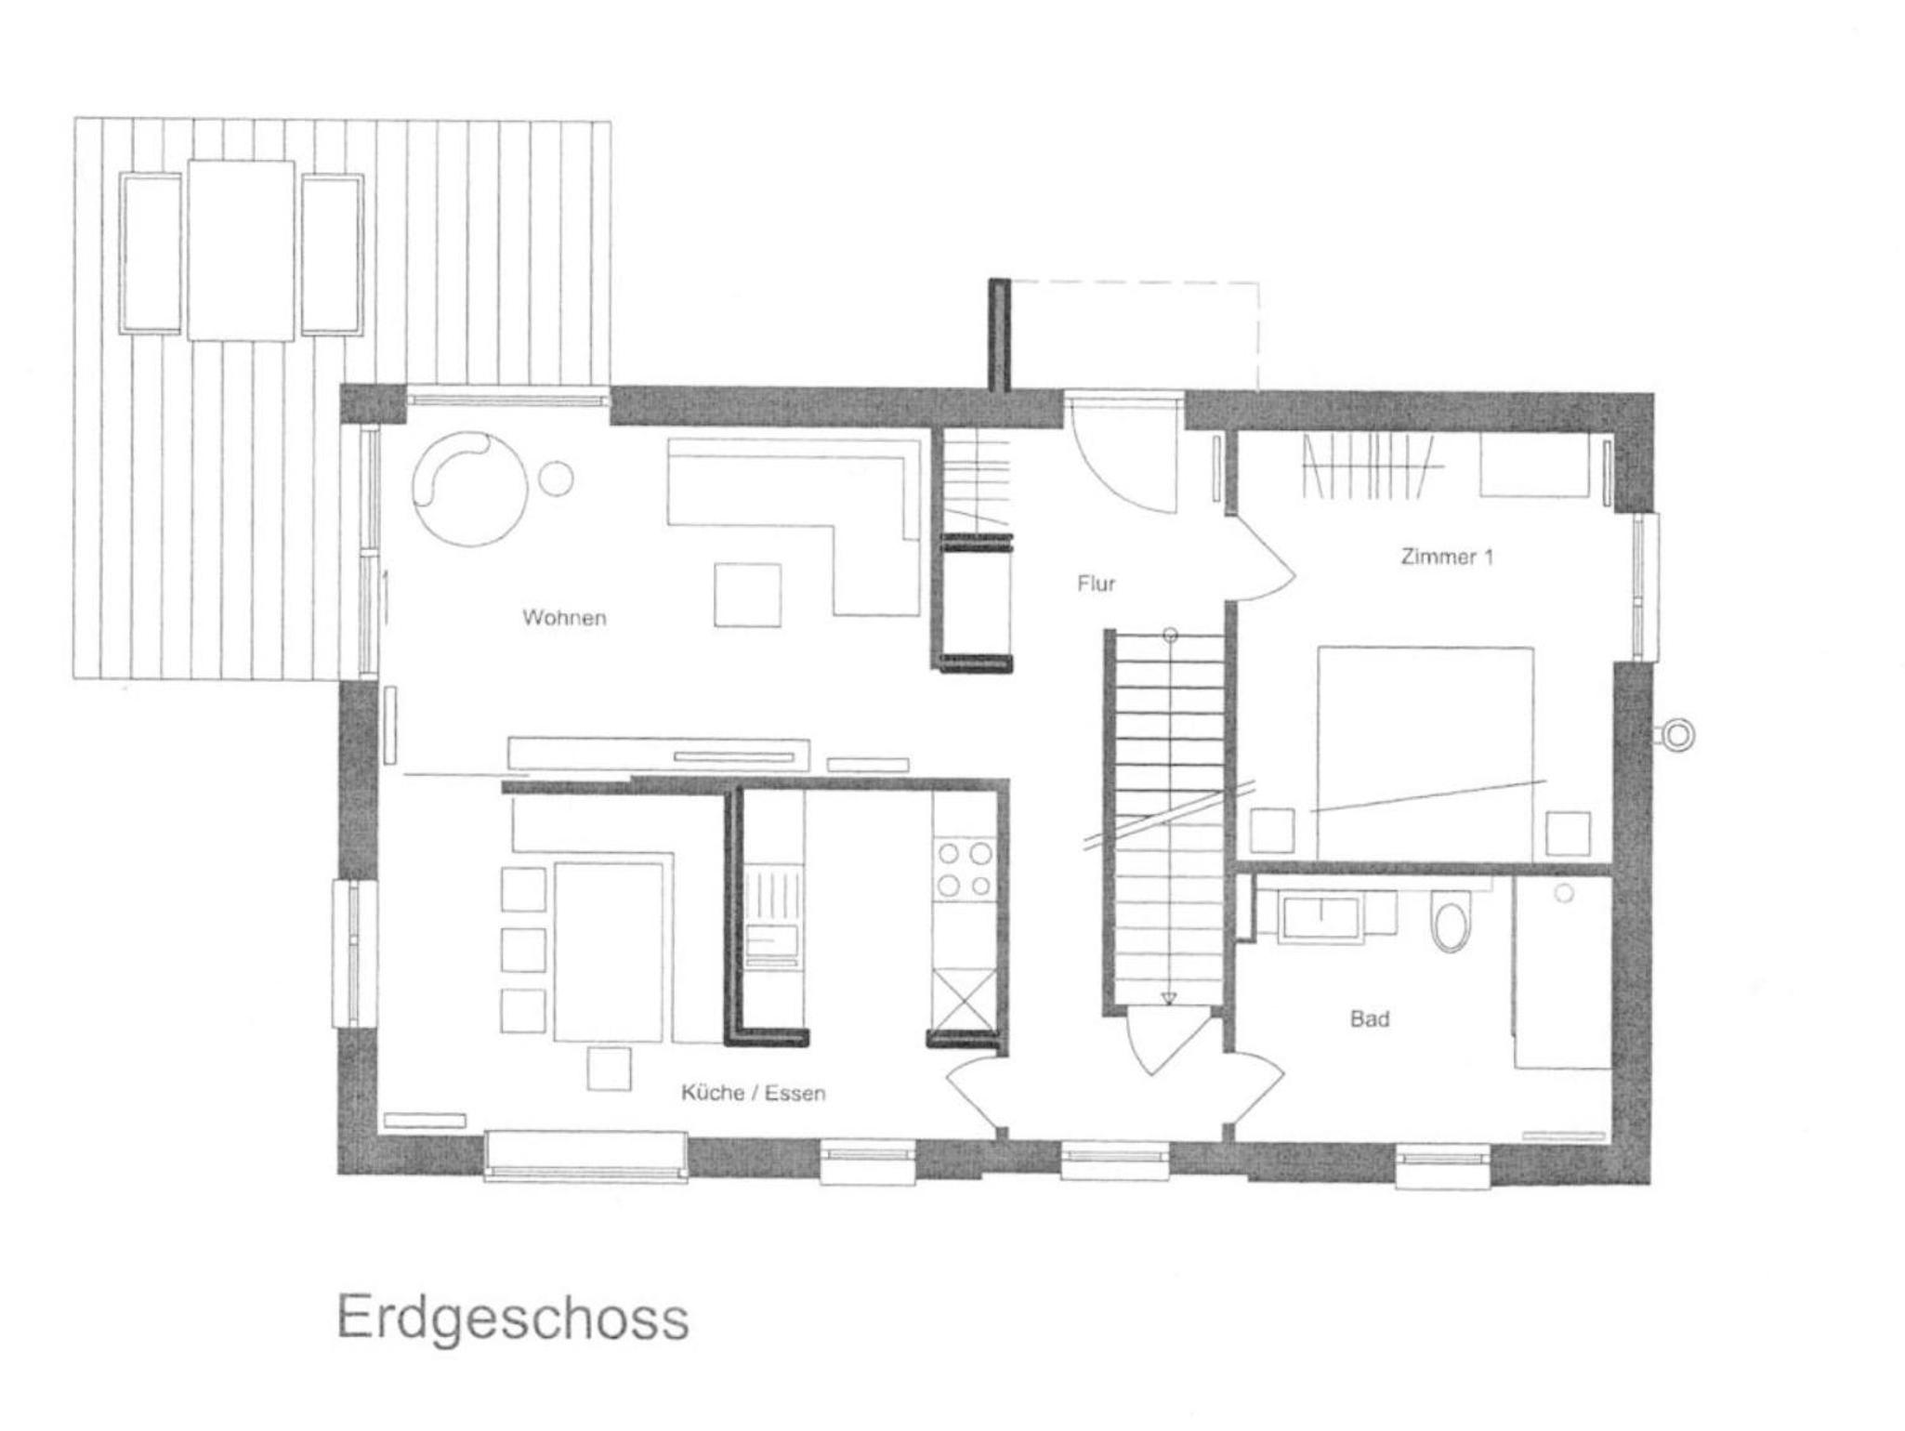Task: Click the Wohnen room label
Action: [x=564, y=617]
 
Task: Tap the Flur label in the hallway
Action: [x=1096, y=584]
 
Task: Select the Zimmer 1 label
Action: [x=1447, y=557]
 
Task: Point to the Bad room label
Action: [x=1370, y=1018]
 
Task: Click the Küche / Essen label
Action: [x=753, y=1093]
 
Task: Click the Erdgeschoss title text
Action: [x=513, y=1318]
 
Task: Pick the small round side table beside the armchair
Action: [x=557, y=479]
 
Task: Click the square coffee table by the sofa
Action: [x=747, y=595]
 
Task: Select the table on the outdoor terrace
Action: [x=242, y=250]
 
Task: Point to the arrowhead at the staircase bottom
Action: [x=1169, y=999]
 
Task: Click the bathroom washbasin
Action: [x=1320, y=916]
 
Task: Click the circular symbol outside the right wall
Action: [x=1678, y=735]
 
